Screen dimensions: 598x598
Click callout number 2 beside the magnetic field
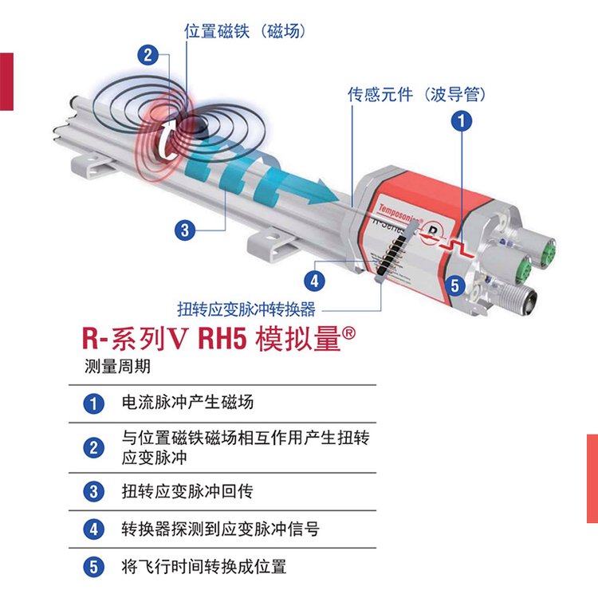click(148, 55)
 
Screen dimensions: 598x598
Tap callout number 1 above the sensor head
click(462, 121)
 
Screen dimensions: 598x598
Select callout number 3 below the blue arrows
click(185, 230)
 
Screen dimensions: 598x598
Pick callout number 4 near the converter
click(314, 281)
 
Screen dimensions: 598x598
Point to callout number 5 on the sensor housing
click(454, 285)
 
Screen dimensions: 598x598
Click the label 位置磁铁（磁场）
click(245, 31)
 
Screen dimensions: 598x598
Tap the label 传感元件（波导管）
click(416, 94)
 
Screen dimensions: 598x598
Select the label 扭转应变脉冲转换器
click(246, 309)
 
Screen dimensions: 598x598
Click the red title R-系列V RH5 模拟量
click(218, 338)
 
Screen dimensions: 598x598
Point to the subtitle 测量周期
click(117, 366)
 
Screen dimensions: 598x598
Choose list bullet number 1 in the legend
click(94, 403)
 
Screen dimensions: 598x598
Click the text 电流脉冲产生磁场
click(187, 403)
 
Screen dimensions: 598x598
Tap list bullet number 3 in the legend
click(94, 492)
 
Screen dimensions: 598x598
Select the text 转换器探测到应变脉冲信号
click(220, 529)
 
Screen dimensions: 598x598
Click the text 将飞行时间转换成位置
click(204, 566)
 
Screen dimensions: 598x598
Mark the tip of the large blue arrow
click(339, 200)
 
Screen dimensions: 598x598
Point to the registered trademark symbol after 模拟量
click(348, 333)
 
